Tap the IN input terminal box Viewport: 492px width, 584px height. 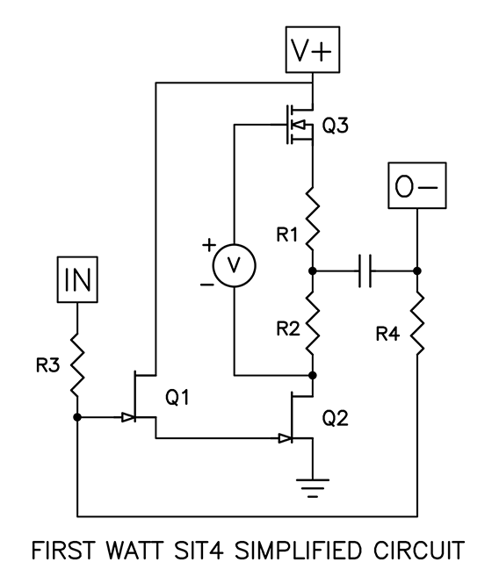[78, 282]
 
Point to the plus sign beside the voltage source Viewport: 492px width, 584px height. [209, 247]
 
